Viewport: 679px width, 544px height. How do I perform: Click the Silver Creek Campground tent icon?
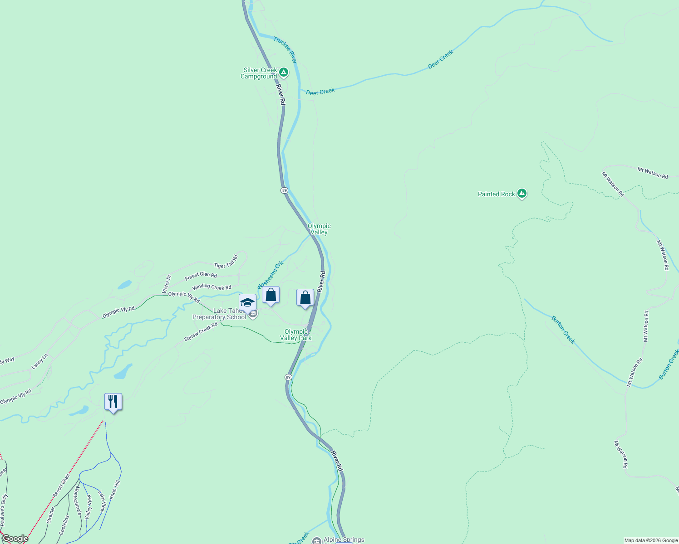(x=284, y=72)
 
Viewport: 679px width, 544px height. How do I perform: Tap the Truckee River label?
(x=285, y=50)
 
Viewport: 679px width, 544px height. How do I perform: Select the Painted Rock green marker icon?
(x=522, y=194)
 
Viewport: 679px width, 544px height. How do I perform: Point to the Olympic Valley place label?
(x=319, y=229)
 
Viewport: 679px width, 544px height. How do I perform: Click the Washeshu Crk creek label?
(x=270, y=275)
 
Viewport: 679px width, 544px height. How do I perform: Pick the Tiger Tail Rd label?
(x=226, y=262)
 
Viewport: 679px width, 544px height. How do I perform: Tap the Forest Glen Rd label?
(x=201, y=275)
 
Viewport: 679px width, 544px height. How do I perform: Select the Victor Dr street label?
(x=167, y=283)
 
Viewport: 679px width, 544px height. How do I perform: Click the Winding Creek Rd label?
(x=212, y=287)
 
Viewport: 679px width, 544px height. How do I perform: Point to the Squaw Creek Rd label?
(x=201, y=332)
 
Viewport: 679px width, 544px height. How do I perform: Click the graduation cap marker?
(x=247, y=302)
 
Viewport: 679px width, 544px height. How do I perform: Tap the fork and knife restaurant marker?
(x=113, y=402)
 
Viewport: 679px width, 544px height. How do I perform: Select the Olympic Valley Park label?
(x=296, y=335)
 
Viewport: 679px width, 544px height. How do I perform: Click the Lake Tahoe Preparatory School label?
(x=220, y=314)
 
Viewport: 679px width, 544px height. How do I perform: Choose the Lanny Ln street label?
(x=39, y=361)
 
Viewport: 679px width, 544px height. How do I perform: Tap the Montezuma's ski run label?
(x=77, y=500)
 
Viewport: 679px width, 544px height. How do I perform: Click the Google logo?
(x=15, y=539)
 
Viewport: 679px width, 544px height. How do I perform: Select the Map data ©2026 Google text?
(x=650, y=540)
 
